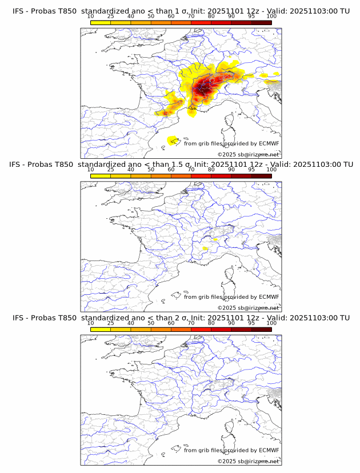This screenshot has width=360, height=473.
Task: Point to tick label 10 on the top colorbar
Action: [x=90, y=17]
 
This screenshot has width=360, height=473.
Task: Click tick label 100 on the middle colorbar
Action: [x=271, y=169]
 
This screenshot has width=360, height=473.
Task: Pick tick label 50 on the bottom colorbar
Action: [x=151, y=323]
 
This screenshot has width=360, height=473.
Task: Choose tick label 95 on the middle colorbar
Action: [x=251, y=169]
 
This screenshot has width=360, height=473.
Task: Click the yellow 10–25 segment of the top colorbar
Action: [x=101, y=22]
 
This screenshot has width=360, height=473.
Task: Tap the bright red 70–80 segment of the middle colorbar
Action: [x=201, y=176]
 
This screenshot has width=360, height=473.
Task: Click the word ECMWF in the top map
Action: [x=269, y=144]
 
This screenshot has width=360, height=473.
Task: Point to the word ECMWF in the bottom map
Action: [x=269, y=451]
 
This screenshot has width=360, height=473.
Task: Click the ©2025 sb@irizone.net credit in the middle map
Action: [x=248, y=308]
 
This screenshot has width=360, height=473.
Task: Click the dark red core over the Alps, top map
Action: [x=201, y=89]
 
